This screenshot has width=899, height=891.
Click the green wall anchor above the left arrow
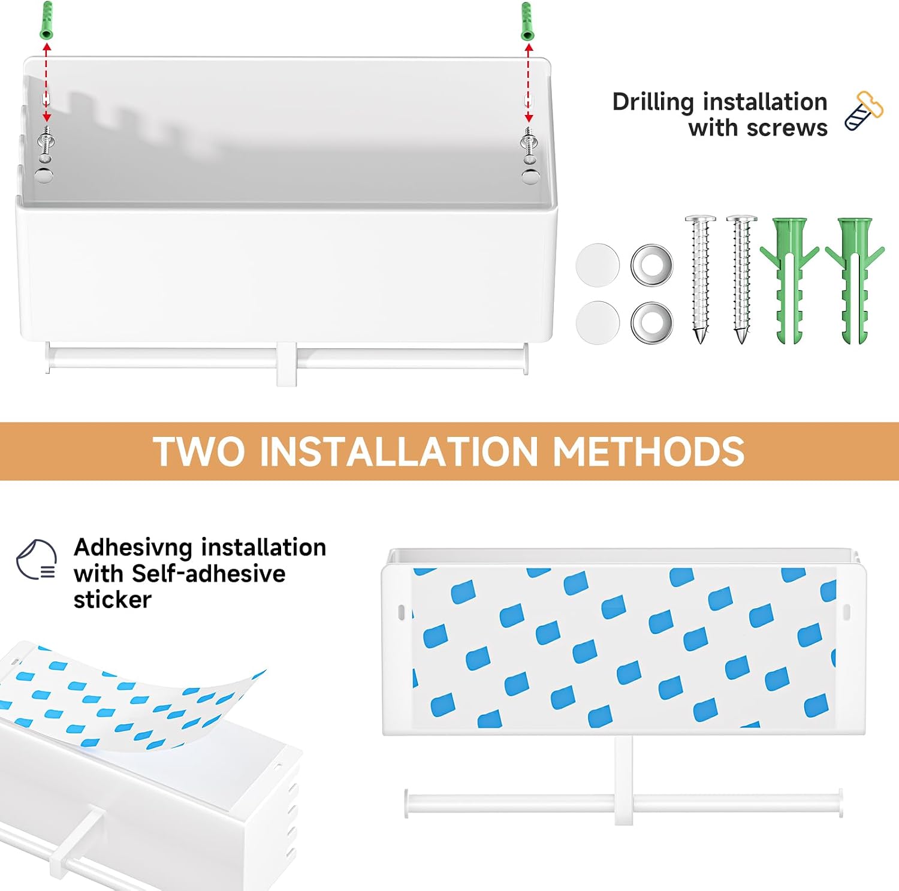(46, 20)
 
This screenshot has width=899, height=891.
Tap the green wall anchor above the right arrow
(527, 20)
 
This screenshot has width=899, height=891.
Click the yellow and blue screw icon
(864, 111)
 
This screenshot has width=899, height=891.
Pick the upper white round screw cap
(598, 265)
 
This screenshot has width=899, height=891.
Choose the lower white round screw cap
(598, 322)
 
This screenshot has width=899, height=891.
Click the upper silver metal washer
(652, 265)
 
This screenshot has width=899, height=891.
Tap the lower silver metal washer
(652, 322)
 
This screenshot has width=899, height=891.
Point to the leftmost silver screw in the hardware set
(700, 279)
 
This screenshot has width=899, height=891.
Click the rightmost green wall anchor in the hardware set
(854, 280)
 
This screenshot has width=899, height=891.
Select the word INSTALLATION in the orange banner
(398, 451)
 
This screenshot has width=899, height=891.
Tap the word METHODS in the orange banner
(648, 451)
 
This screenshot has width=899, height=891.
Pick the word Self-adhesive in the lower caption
(209, 573)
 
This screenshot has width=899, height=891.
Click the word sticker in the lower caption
(113, 599)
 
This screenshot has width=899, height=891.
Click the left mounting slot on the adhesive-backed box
(402, 612)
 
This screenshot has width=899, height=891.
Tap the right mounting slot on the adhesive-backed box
(846, 612)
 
